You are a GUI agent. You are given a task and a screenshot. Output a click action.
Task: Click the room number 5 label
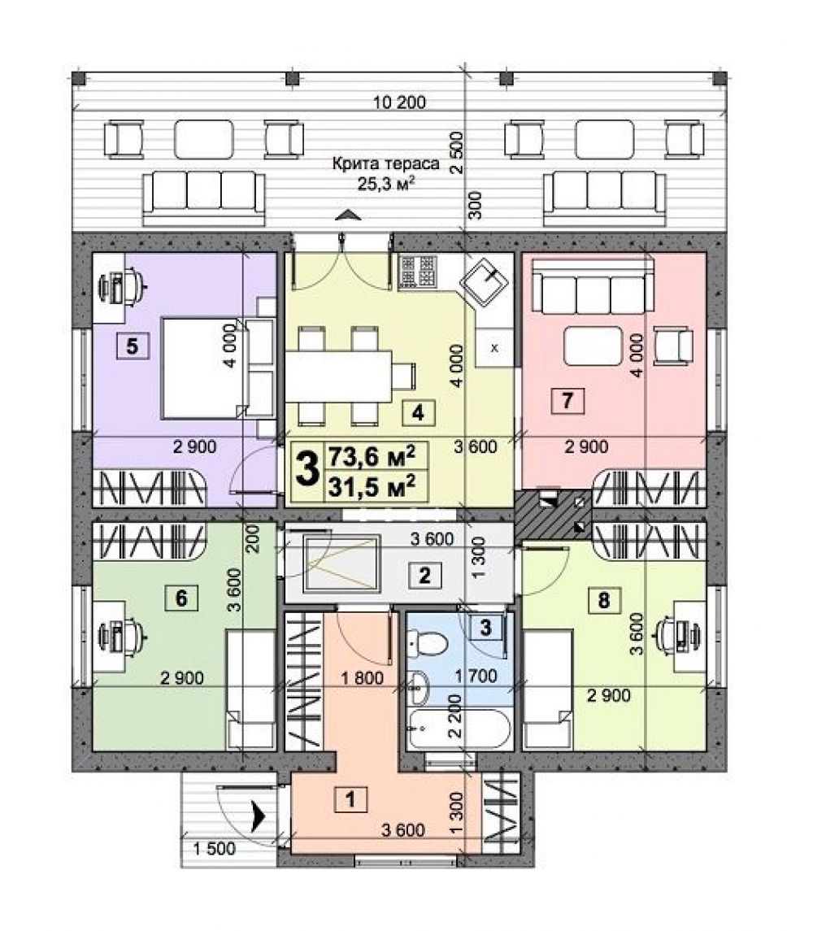(133, 346)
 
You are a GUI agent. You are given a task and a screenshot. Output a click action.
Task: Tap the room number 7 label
(567, 401)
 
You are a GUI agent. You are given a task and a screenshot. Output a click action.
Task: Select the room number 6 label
(182, 598)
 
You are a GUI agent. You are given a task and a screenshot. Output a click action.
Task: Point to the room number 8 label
(604, 600)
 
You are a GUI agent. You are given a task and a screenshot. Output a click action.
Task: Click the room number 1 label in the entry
(351, 799)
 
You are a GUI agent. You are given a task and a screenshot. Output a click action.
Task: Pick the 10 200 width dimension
(400, 102)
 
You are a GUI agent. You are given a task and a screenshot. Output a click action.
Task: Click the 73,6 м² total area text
(372, 457)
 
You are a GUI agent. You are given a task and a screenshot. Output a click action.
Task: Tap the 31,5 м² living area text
(372, 488)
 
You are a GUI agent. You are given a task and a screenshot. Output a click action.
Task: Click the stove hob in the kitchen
(418, 272)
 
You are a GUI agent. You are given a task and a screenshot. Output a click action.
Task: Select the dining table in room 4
(338, 376)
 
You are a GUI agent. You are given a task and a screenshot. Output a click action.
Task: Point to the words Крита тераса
(385, 163)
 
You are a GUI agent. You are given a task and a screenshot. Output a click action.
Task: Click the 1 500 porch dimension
(215, 848)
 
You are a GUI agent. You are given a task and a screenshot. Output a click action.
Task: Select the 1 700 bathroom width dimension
(476, 676)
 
